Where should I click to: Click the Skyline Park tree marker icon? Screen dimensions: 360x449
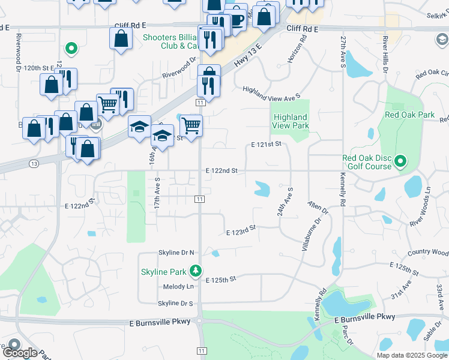[195, 272]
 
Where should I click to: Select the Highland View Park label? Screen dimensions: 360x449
[291, 121]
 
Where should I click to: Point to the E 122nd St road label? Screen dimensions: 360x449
[221, 171]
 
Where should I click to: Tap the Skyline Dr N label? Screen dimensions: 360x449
[176, 253]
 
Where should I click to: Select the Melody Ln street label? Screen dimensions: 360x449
[178, 287]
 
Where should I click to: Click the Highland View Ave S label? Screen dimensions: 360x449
[271, 93]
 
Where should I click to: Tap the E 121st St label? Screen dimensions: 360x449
[266, 145]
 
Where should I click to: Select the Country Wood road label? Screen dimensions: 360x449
[427, 253]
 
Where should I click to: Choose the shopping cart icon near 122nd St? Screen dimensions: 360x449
[191, 126]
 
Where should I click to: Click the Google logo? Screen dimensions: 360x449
[20, 352]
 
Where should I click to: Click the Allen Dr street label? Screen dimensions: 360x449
[318, 208]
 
